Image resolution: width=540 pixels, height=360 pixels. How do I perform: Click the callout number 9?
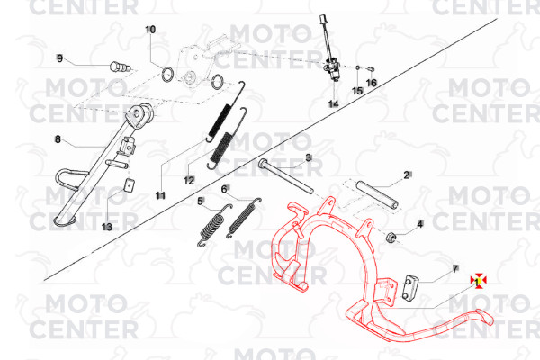click(60, 58)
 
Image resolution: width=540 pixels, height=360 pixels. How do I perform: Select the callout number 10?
click(150, 30)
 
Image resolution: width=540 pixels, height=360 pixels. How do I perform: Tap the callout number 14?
click(333, 103)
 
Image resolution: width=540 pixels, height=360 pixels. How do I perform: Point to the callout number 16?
click(371, 83)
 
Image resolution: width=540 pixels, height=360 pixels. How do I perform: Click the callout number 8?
click(58, 139)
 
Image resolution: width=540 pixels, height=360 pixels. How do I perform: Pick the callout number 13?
click(107, 227)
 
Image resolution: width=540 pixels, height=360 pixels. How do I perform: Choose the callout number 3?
click(309, 157)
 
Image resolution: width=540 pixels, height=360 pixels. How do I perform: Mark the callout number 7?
click(454, 269)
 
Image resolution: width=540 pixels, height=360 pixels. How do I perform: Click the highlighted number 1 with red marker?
click(479, 281)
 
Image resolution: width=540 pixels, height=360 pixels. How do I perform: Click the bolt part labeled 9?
click(121, 67)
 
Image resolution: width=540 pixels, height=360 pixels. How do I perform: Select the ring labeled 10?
click(168, 75)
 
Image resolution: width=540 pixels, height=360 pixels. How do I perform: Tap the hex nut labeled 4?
click(391, 238)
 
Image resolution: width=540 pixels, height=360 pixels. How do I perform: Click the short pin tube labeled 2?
click(377, 194)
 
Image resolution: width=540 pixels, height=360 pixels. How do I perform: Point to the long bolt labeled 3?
click(286, 176)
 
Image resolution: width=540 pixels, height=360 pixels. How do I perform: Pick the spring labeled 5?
click(215, 226)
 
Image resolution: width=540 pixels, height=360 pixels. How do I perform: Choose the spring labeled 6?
click(244, 218)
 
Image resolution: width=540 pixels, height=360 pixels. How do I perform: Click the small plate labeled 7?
click(409, 288)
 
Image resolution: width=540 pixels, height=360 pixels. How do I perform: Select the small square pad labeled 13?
click(129, 185)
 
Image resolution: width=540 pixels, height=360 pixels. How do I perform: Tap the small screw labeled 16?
click(371, 69)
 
